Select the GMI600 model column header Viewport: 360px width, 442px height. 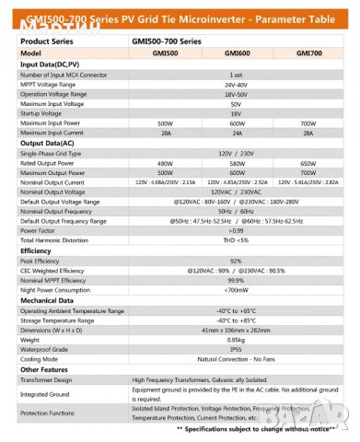[237, 54]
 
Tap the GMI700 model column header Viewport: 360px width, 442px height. [309, 54]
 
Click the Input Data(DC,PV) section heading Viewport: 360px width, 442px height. [51, 64]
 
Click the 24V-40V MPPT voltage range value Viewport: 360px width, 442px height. [237, 84]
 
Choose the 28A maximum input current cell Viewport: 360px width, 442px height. [309, 133]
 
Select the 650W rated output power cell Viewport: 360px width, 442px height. [309, 163]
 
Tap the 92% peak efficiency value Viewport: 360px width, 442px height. [237, 261]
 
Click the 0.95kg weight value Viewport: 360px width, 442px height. [237, 338]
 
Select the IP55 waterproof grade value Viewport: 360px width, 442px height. [237, 348]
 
